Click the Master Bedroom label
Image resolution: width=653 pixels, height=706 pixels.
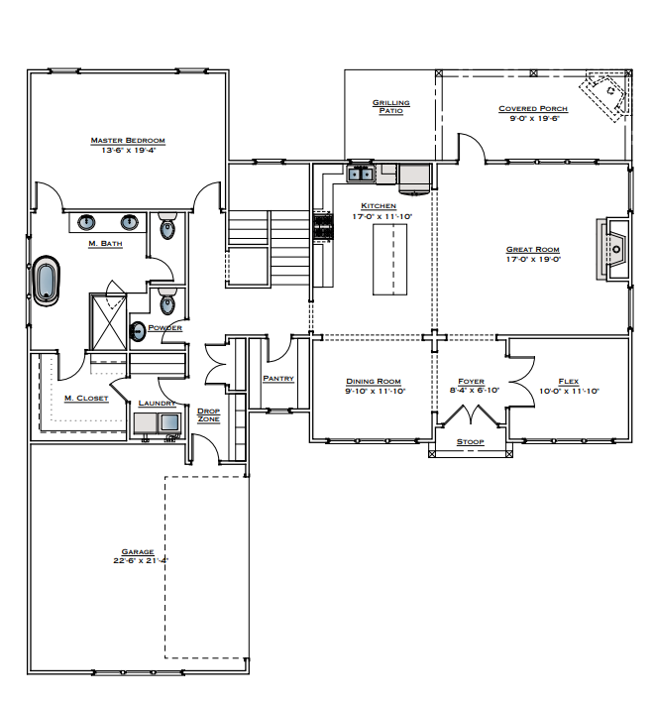127,141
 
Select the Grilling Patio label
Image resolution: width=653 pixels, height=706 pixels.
390,106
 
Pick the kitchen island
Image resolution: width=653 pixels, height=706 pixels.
389,258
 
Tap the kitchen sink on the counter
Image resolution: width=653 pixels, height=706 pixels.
360,176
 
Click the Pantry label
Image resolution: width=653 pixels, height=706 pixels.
277,378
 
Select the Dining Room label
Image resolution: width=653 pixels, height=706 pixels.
373,381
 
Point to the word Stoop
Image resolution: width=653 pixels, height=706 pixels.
470,441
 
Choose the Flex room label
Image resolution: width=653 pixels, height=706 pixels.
569,381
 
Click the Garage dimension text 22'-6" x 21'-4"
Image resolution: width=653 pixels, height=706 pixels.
141,560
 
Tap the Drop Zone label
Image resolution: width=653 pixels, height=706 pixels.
208,414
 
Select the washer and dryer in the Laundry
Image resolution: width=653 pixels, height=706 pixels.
158,423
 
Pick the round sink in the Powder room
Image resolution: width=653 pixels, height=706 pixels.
137,331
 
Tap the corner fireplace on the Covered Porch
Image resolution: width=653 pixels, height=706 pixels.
606,95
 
